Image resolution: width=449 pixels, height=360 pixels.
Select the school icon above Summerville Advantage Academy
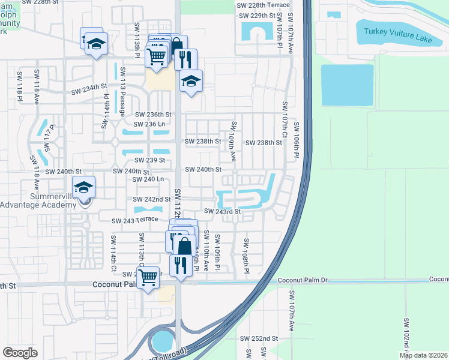pos(84,187)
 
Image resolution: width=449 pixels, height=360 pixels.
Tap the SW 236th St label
pos(153,115)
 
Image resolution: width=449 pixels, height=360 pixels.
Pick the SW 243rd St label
pos(222,211)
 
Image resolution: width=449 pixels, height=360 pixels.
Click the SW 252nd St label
pos(259,338)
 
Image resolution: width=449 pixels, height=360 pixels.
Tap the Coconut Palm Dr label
pos(302,280)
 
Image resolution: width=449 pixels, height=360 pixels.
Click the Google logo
pos(20,352)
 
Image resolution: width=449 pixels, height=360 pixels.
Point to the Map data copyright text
pos(423,355)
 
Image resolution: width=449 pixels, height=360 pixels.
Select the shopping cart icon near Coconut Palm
pos(148,277)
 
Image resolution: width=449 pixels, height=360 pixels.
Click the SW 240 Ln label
pos(148,179)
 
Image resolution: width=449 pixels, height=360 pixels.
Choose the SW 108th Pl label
pos(246,257)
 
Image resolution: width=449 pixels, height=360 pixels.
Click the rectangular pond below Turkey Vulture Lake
pos(339,85)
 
